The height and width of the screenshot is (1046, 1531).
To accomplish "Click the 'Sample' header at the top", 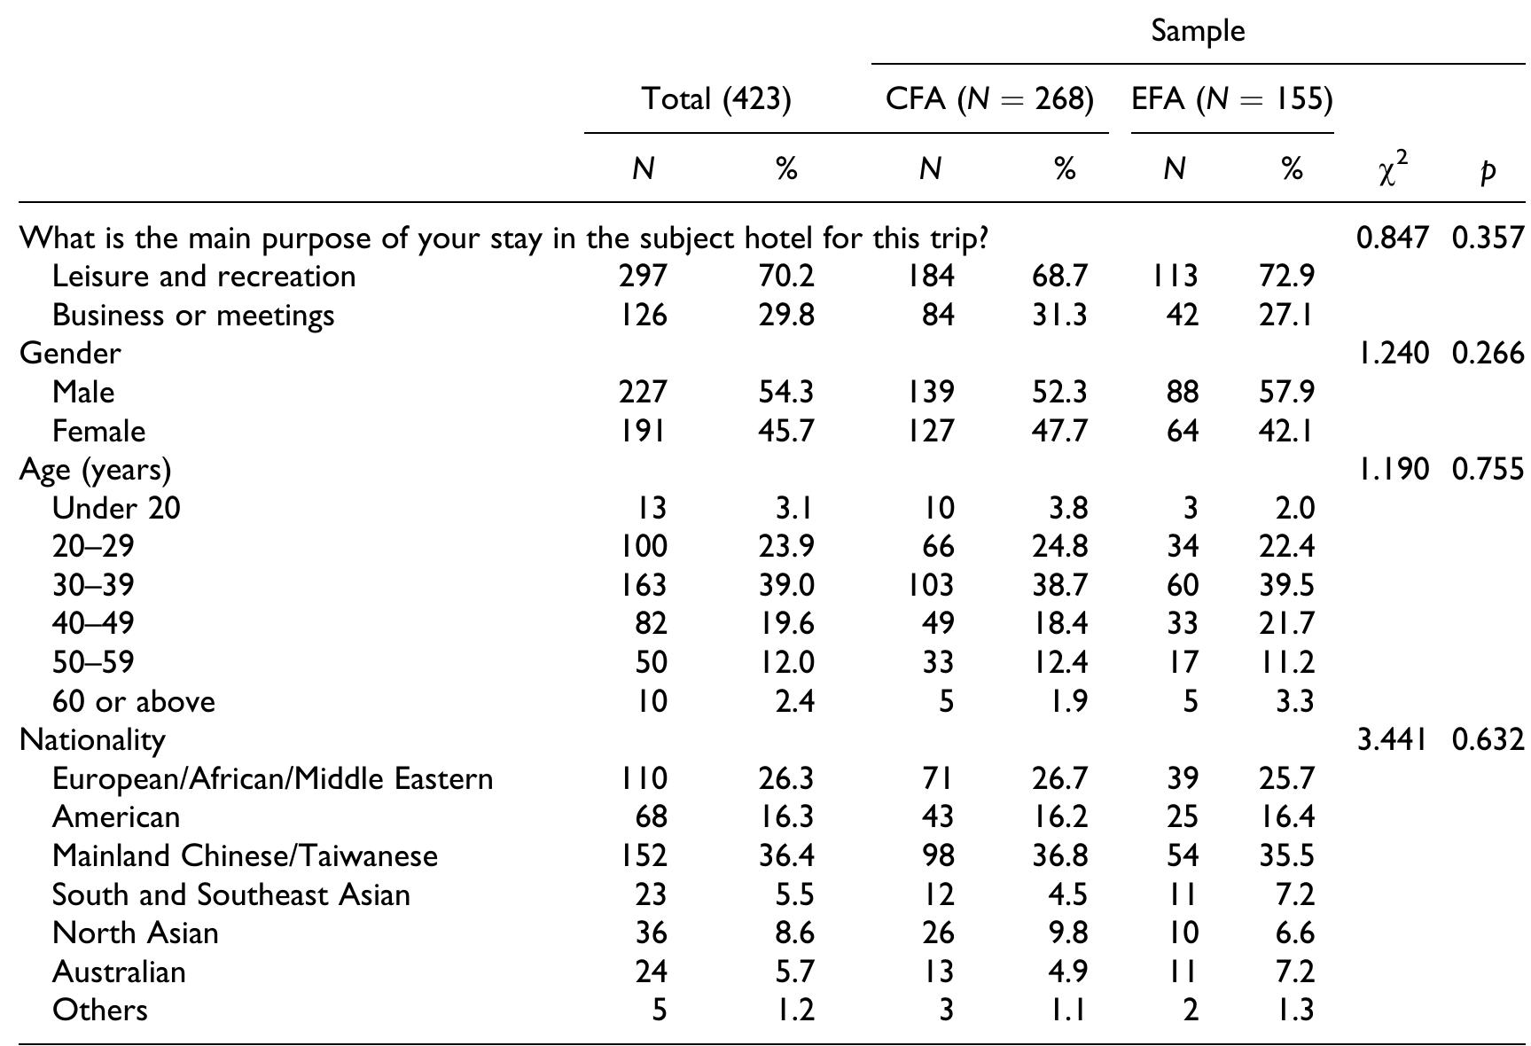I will (x=1198, y=31).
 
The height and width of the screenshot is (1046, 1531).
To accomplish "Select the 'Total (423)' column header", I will (x=715, y=98).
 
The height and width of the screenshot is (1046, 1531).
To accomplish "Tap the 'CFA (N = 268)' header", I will (x=989, y=98).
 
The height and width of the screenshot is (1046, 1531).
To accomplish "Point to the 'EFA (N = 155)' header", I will (x=1232, y=98).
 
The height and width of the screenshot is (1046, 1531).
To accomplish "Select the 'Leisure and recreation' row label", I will (x=204, y=277).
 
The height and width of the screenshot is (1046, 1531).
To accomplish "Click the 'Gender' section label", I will (x=70, y=354).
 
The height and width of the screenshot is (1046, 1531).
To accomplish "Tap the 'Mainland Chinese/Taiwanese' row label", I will (x=245, y=855).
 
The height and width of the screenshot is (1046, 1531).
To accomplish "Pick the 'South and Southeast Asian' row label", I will (x=231, y=894).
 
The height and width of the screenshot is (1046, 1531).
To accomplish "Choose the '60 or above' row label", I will (x=134, y=701).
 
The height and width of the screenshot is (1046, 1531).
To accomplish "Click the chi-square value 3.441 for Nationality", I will (x=1393, y=739).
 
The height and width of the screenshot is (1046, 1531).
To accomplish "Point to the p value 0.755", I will (x=1488, y=469).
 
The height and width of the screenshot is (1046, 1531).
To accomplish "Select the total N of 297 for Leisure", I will (x=643, y=277).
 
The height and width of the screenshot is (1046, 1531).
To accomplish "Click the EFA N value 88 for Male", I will (x=1183, y=392).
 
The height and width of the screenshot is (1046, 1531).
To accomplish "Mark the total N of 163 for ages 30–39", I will (x=643, y=585).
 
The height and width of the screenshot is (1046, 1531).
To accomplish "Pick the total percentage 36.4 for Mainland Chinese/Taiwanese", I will (x=786, y=855).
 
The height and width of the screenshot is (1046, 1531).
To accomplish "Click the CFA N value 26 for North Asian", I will (x=937, y=933).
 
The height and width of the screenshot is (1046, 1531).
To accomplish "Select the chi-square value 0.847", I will (x=1393, y=238).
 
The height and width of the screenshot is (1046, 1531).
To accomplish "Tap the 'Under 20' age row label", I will (x=116, y=508).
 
